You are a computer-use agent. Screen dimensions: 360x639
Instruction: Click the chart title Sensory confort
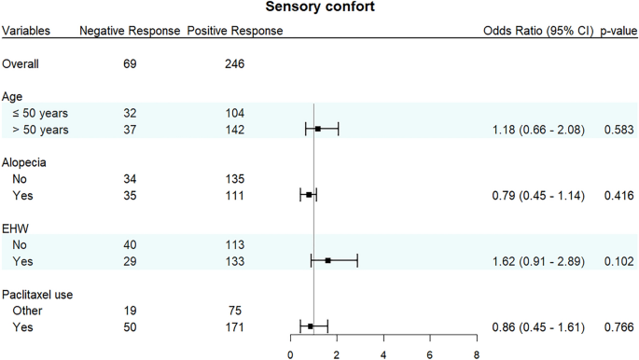click(x=319, y=8)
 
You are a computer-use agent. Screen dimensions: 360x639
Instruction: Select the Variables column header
click(x=26, y=31)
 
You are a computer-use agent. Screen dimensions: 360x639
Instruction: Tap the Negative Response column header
click(x=130, y=31)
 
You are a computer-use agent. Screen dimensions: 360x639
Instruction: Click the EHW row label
click(x=16, y=228)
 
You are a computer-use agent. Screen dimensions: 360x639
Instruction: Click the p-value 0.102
click(x=617, y=261)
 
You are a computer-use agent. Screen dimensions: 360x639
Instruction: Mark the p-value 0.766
click(x=617, y=327)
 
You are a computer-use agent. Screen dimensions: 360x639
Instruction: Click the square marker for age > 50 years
click(x=318, y=129)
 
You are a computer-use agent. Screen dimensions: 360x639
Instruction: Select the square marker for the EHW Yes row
click(x=328, y=261)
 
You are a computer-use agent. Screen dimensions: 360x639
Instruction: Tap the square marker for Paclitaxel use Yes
click(x=311, y=327)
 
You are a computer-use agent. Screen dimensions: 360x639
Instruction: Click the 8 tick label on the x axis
click(x=476, y=354)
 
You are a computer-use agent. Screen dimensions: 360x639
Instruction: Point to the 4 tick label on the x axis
click(x=383, y=354)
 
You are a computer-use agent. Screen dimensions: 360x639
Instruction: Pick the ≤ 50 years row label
click(x=41, y=111)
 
